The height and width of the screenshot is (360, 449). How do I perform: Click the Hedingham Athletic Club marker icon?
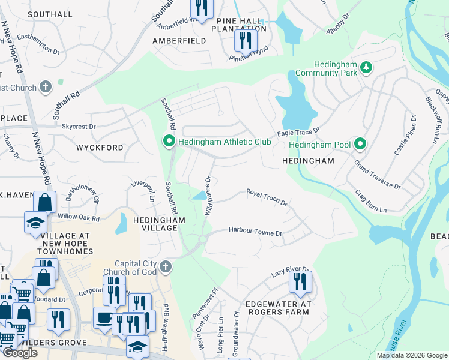[169, 142]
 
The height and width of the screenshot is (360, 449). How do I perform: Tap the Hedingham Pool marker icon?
[360, 144]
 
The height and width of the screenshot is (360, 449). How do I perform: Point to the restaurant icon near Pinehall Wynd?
[245, 40]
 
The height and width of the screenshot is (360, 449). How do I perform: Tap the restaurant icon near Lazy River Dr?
[300, 281]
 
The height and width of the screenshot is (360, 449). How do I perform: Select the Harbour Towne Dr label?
[255, 232]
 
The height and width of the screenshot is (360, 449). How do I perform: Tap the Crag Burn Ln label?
[370, 201]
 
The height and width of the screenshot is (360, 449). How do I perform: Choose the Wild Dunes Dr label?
[209, 196]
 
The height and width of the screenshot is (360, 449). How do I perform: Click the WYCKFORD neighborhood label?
[100, 147]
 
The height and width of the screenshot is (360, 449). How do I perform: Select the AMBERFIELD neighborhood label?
[179, 41]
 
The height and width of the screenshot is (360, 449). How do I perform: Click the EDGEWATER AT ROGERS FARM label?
[278, 308]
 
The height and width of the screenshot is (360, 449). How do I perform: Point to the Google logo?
[20, 353]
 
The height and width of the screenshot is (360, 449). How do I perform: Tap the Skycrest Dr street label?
[79, 127]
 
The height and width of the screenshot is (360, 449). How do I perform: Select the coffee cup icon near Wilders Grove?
[104, 319]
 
